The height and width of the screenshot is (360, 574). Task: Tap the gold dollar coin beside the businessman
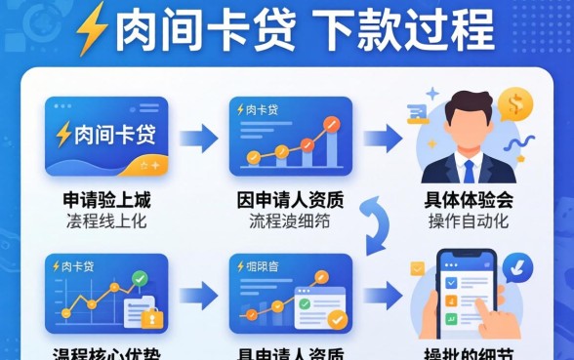[x=514, y=103]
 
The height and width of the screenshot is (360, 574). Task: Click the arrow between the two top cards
[x=197, y=137]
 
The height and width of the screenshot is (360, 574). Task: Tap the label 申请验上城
[x=106, y=201]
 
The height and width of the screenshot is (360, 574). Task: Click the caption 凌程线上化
[x=106, y=220]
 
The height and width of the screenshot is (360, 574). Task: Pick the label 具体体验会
[x=469, y=201]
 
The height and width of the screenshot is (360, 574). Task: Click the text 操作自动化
[x=469, y=220]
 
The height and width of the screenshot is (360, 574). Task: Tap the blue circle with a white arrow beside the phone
[x=520, y=263]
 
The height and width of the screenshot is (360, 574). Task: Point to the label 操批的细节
[x=469, y=352]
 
